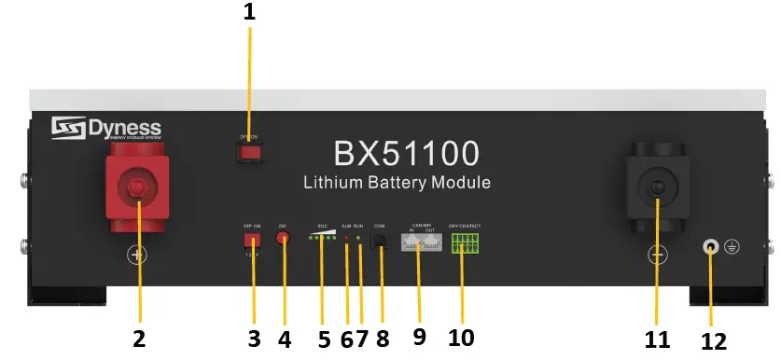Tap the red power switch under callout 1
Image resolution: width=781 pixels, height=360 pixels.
pos(248,149)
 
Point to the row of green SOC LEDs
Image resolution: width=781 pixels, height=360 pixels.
pos(322,239)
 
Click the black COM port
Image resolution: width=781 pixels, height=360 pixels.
pos(380,241)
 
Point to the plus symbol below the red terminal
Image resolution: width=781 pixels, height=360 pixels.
pos(137,255)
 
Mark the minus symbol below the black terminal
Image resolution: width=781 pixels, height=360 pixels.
pos(657,255)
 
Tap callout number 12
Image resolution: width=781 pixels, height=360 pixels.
pos(713,341)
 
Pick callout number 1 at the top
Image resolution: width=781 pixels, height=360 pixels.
pos(249,13)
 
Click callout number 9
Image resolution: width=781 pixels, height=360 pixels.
pos(419,338)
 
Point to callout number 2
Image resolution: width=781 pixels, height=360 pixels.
pos(139,339)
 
